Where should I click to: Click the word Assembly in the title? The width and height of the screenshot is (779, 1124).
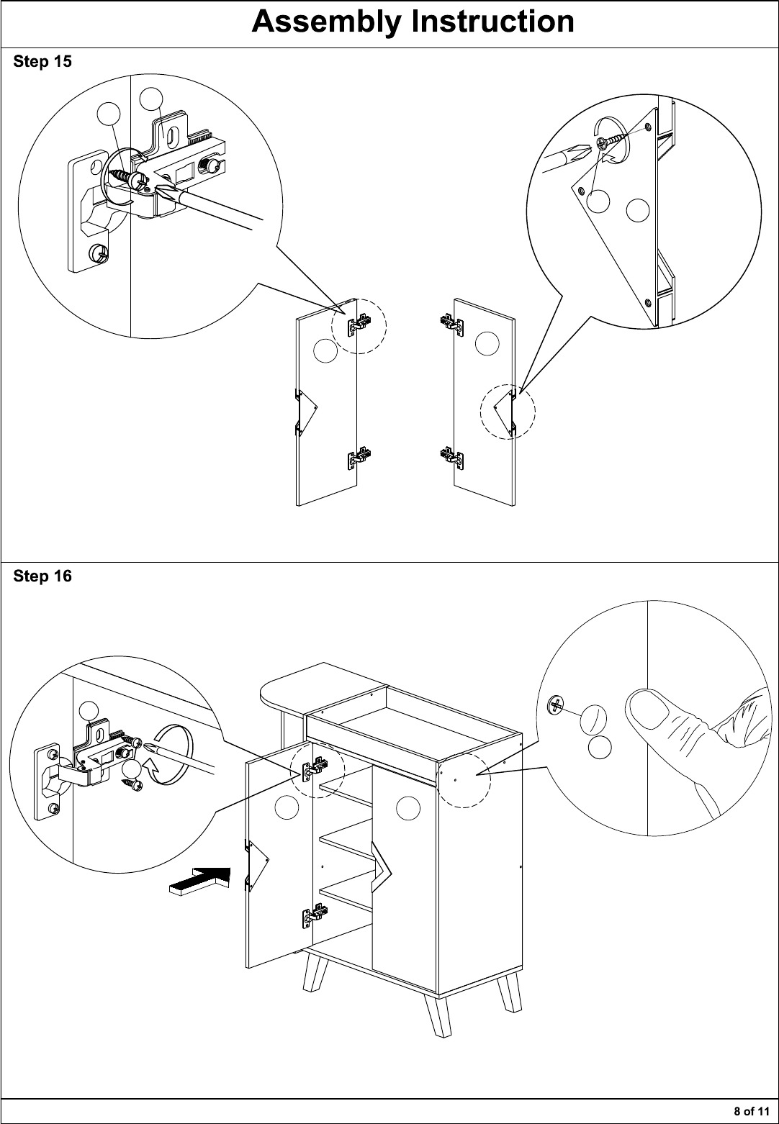tap(326, 22)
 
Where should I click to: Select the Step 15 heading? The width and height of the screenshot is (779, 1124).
tap(42, 61)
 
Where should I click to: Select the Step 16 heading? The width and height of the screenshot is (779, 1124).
tap(42, 576)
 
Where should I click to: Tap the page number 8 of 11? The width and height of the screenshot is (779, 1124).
tap(752, 1111)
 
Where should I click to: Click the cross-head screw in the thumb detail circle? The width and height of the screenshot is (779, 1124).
tap(556, 705)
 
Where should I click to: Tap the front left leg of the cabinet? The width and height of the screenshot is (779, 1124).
tap(313, 977)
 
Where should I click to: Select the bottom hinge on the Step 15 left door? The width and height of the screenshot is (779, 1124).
tap(359, 458)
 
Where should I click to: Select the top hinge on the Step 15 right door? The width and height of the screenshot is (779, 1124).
tap(451, 322)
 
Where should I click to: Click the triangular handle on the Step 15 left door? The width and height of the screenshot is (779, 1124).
tap(306, 412)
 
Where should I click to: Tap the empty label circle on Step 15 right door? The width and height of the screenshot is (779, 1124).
tap(487, 344)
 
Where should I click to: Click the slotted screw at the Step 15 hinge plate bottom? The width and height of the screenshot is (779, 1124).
tap(99, 252)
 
